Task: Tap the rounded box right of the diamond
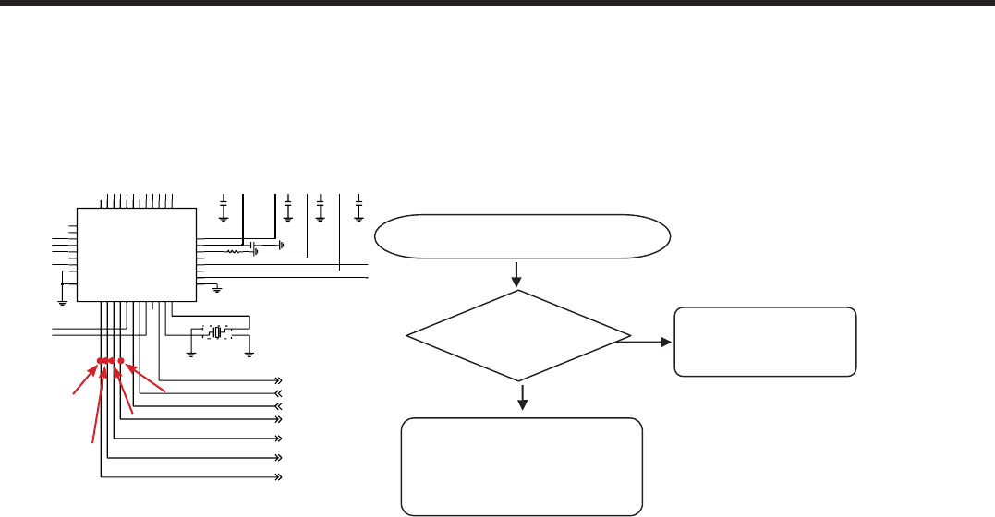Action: (x=765, y=342)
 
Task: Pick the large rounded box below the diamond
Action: (x=522, y=465)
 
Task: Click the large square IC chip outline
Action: (x=136, y=254)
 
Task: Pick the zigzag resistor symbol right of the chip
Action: (x=234, y=250)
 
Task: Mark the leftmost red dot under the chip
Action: (x=100, y=361)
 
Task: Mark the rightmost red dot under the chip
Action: (x=121, y=361)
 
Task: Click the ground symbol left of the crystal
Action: (x=191, y=351)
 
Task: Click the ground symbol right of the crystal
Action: (x=249, y=351)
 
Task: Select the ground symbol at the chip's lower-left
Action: (x=62, y=299)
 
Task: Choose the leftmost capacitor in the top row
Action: (x=224, y=210)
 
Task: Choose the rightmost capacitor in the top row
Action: (x=358, y=210)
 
